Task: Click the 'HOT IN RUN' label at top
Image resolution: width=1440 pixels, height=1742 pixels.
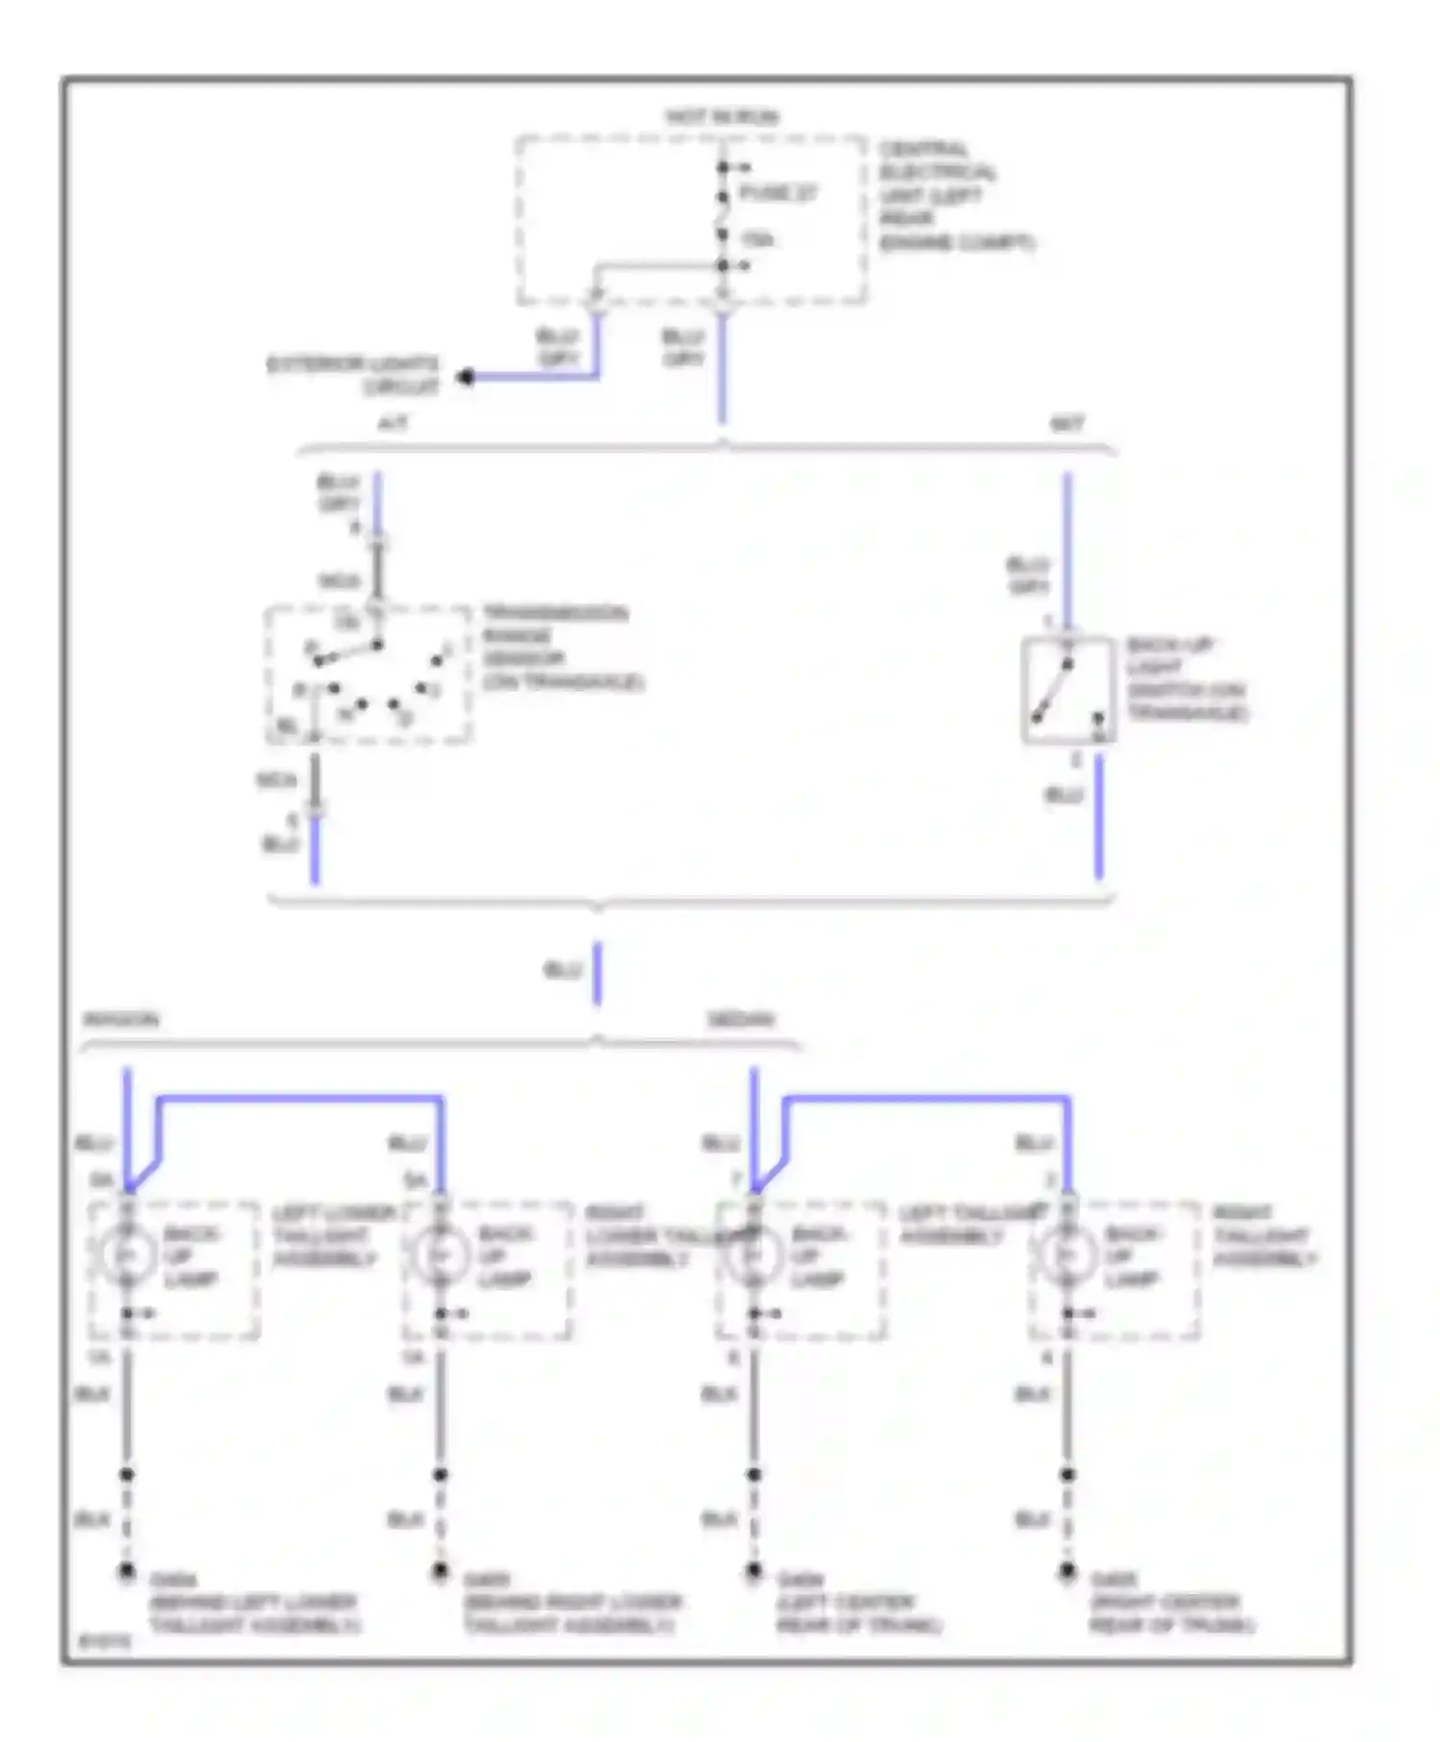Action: [722, 117]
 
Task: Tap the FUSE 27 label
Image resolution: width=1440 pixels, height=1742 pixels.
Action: [778, 193]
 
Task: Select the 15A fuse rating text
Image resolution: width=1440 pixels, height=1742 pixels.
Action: [757, 239]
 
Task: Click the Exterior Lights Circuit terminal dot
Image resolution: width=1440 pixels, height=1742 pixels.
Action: [467, 376]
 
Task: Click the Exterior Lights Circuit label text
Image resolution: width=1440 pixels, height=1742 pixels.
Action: [353, 375]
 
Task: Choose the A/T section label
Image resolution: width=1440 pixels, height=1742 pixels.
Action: [393, 423]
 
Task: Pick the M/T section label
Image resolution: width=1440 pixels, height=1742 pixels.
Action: [1068, 423]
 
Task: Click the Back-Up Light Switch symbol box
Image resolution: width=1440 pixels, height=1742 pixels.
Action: [1068, 690]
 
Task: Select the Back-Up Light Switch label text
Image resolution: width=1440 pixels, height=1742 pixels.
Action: [1187, 679]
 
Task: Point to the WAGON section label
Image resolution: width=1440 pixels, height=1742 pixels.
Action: [121, 1020]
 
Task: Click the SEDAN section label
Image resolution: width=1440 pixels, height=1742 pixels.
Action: [740, 1020]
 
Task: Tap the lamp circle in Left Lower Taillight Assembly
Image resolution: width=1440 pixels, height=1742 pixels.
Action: [127, 1254]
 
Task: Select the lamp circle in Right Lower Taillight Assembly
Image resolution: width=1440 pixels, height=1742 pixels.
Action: [440, 1254]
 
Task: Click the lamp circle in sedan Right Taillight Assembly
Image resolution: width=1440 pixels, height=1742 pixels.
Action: [1067, 1254]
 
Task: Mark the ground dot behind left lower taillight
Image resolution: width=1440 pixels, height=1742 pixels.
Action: [127, 1572]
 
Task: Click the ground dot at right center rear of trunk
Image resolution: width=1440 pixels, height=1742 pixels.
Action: [1067, 1572]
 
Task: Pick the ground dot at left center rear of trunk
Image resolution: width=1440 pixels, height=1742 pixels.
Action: [754, 1572]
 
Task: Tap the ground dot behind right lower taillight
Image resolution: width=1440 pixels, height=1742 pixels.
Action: [440, 1572]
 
